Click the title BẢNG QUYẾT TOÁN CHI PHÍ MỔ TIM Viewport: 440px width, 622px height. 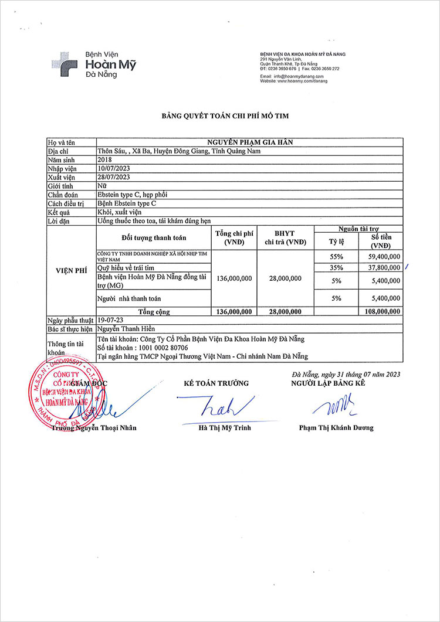pos(225,116)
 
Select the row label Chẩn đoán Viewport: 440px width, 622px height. pos(63,194)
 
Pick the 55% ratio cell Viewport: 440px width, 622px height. pos(336,257)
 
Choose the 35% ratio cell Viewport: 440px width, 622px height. pos(336,268)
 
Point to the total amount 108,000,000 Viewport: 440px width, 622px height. pos(382,312)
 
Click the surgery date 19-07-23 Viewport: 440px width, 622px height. pos(110,320)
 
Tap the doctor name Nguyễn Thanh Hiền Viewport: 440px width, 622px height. pos(127,329)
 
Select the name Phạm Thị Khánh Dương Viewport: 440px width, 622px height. pos(336,428)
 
